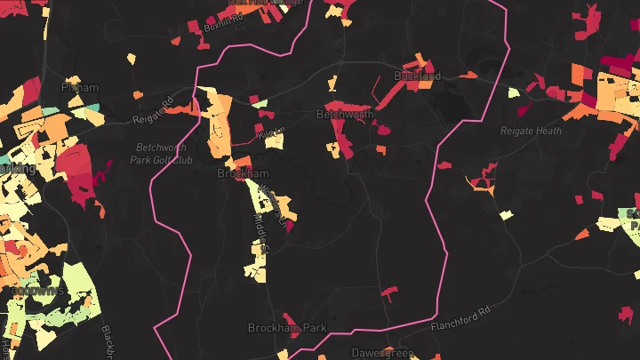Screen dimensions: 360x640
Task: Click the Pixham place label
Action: [x=78, y=88]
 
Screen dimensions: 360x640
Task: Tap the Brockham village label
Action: [x=243, y=172]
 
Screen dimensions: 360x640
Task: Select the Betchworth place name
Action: [x=345, y=115]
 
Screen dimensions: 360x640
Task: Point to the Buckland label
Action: [x=417, y=76]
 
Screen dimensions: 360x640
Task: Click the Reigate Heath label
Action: [x=531, y=131]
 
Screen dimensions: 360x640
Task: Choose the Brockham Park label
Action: [x=286, y=328]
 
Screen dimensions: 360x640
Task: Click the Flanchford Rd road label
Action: [x=460, y=319]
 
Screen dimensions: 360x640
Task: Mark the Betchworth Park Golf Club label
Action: [x=164, y=153]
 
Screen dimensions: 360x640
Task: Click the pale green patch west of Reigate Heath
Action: [x=513, y=92]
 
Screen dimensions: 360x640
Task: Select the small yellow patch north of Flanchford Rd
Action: [x=506, y=214]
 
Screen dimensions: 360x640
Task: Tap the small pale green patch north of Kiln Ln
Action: [x=260, y=104]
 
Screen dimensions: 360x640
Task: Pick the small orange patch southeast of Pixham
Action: [x=138, y=94]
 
